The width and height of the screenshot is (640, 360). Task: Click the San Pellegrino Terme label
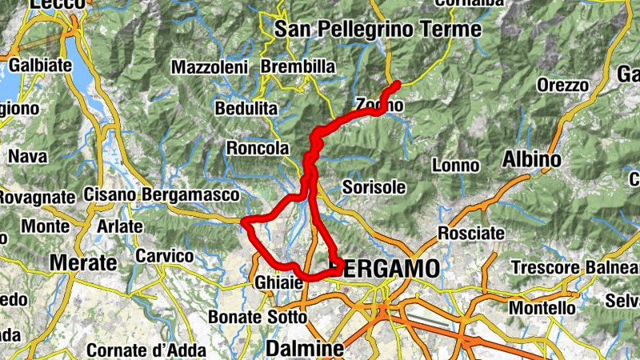pyautogui.click(x=378, y=30)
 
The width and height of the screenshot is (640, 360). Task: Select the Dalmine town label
pyautogui.click(x=304, y=350)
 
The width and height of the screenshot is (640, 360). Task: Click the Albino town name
pyautogui.click(x=531, y=160)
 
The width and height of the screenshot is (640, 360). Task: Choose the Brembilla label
pyautogui.click(x=298, y=67)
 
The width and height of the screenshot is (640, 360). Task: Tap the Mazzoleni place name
pyautogui.click(x=210, y=67)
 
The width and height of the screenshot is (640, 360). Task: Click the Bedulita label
pyautogui.click(x=246, y=106)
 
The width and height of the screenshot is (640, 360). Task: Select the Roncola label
pyautogui.click(x=257, y=148)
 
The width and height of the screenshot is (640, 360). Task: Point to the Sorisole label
pyautogui.click(x=374, y=187)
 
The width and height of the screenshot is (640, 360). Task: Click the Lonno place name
pyautogui.click(x=455, y=166)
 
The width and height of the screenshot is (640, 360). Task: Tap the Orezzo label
pyautogui.click(x=563, y=85)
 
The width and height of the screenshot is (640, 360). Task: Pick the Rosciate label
pyautogui.click(x=471, y=234)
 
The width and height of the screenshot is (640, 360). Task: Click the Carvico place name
pyautogui.click(x=165, y=256)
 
